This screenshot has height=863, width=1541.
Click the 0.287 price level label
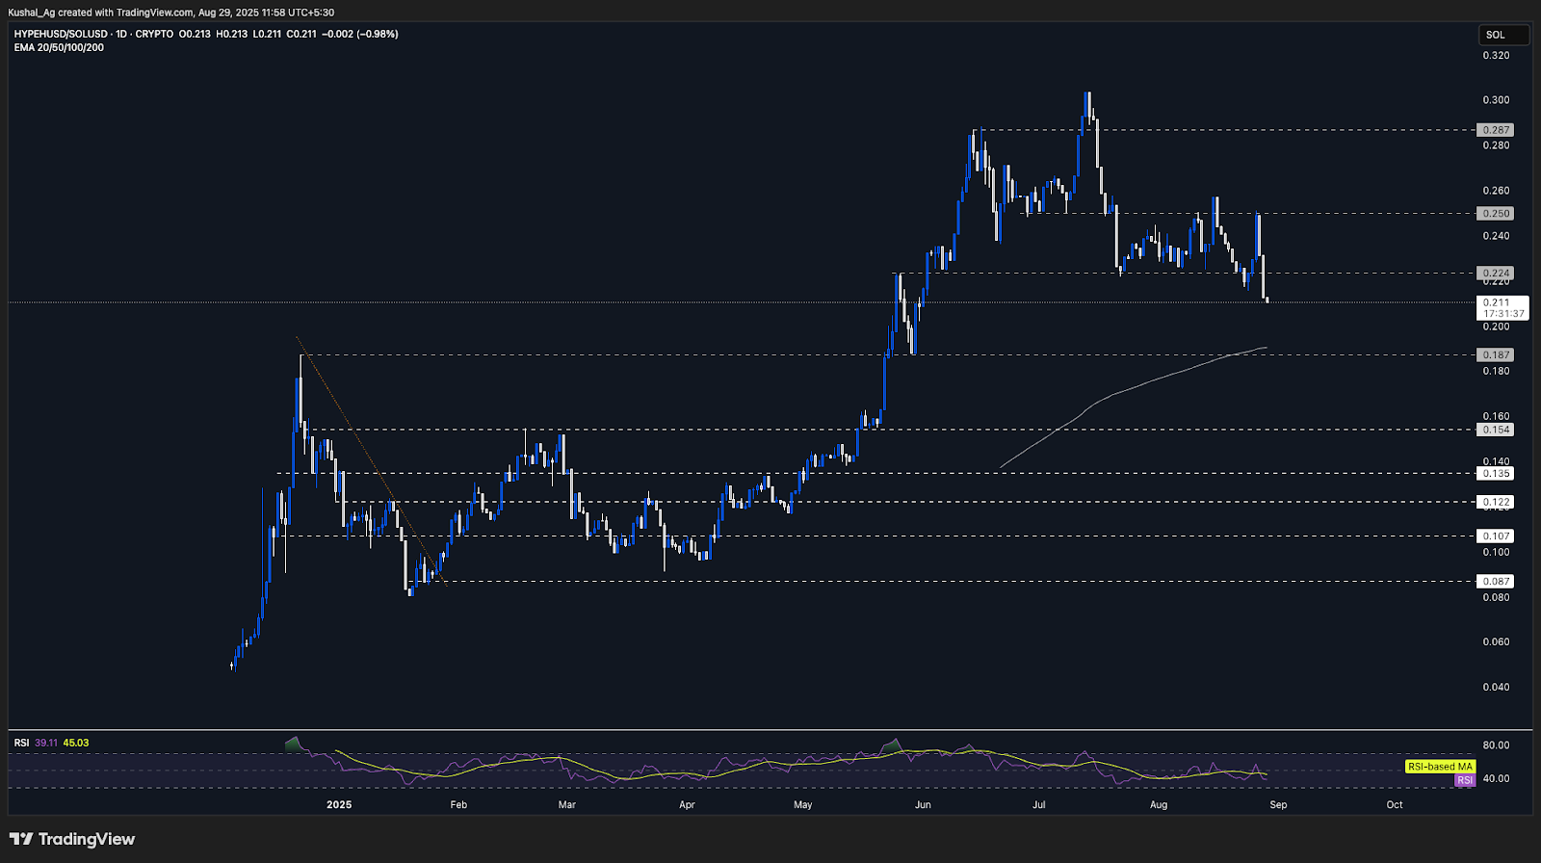click(1496, 130)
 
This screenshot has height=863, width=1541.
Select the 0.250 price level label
click(1496, 214)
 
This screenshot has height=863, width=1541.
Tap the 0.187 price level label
click(1496, 355)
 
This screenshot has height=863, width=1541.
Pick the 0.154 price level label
click(1496, 430)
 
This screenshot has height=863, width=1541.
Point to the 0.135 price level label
click(1496, 474)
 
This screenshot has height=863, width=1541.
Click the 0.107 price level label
click(1496, 536)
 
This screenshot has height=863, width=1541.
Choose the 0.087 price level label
click(1496, 582)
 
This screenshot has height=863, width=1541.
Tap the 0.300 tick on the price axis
click(1496, 100)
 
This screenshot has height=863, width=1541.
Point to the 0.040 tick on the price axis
click(1496, 688)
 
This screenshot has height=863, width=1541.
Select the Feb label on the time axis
click(458, 805)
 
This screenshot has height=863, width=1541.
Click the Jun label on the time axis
click(923, 805)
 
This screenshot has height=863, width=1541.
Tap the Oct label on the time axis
click(1395, 805)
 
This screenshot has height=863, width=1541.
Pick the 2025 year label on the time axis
click(339, 805)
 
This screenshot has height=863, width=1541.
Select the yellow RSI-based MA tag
click(1440, 767)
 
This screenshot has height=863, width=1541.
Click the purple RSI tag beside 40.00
click(1464, 780)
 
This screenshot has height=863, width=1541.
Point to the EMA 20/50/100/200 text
click(59, 47)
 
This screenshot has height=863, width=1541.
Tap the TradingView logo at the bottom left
click(73, 839)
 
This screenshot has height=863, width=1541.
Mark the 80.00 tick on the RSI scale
click(1496, 745)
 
